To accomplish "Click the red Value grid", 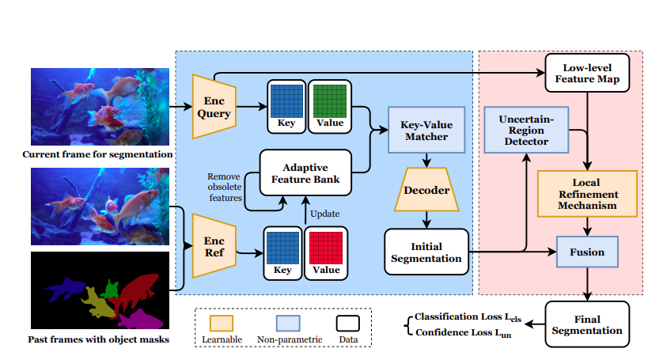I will [x=325, y=249].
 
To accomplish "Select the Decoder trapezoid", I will [x=428, y=191].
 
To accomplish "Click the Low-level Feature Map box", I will [x=585, y=74].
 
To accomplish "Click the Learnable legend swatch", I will [x=221, y=324].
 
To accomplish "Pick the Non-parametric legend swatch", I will [x=288, y=324].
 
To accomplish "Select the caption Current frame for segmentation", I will [x=97, y=153].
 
